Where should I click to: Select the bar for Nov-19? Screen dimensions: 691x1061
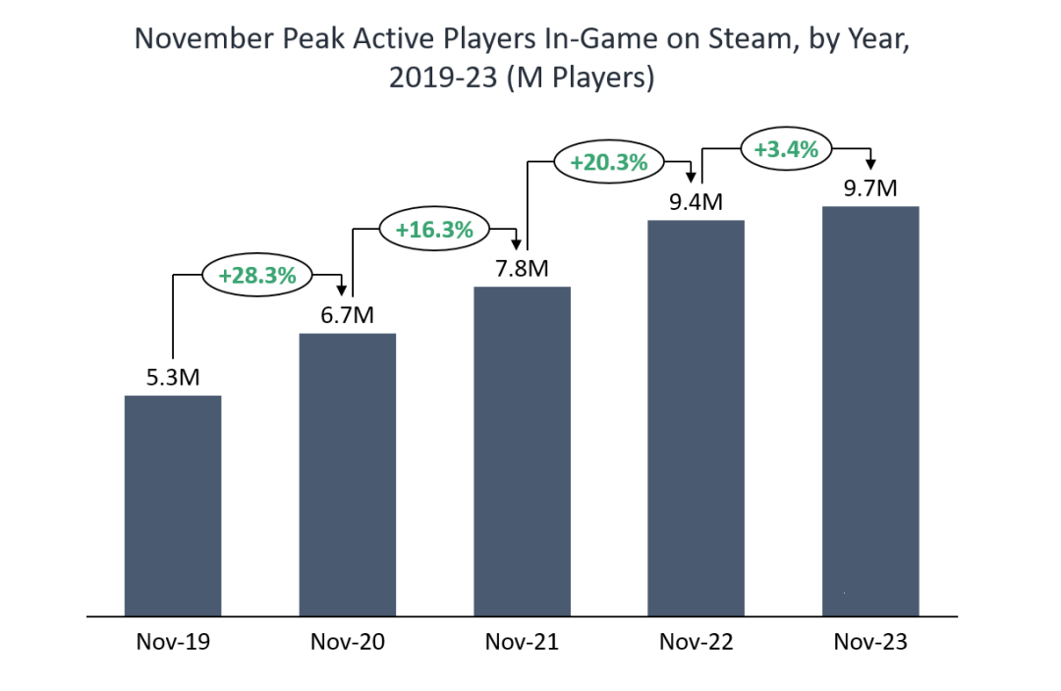pyautogui.click(x=173, y=505)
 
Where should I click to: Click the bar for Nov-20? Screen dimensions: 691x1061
pyautogui.click(x=347, y=474)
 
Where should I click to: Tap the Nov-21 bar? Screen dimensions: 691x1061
pyautogui.click(x=522, y=452)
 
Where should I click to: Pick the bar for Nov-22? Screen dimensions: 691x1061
pyautogui.click(x=696, y=418)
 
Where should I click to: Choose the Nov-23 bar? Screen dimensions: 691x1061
pyautogui.click(x=870, y=411)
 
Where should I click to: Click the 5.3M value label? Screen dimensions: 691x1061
pyautogui.click(x=173, y=378)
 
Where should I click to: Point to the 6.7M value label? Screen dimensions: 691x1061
pyautogui.click(x=347, y=315)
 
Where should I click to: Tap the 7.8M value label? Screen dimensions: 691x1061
pyautogui.click(x=522, y=268)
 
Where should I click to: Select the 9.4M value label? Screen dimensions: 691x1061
pyautogui.click(x=696, y=202)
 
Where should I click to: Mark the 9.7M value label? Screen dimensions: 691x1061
pyautogui.click(x=870, y=187)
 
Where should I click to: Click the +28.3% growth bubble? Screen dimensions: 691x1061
pyautogui.click(x=257, y=276)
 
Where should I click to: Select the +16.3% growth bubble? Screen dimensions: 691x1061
pyautogui.click(x=434, y=231)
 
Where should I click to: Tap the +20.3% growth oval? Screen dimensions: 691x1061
pyautogui.click(x=609, y=162)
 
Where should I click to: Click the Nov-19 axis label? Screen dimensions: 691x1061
pyautogui.click(x=173, y=643)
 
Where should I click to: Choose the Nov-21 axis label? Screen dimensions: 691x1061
pyautogui.click(x=522, y=643)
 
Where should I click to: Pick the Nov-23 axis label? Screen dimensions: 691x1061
pyautogui.click(x=870, y=643)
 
